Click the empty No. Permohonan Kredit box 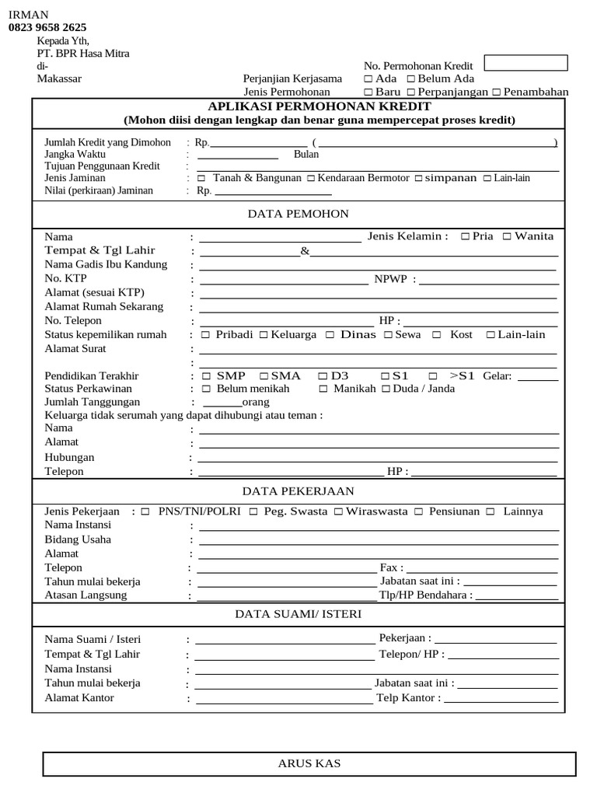coord(525,63)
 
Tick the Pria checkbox coord(465,236)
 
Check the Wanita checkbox coord(507,236)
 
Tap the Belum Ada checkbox coord(410,79)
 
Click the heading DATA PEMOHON coord(298,214)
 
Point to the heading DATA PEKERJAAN coord(298,491)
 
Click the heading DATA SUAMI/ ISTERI coord(298,614)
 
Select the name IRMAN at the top coord(28,15)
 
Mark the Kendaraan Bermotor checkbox coord(311,179)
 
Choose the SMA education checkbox coord(264,376)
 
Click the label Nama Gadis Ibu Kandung coord(106,264)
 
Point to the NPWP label coord(390,279)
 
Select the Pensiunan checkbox coord(418,511)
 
